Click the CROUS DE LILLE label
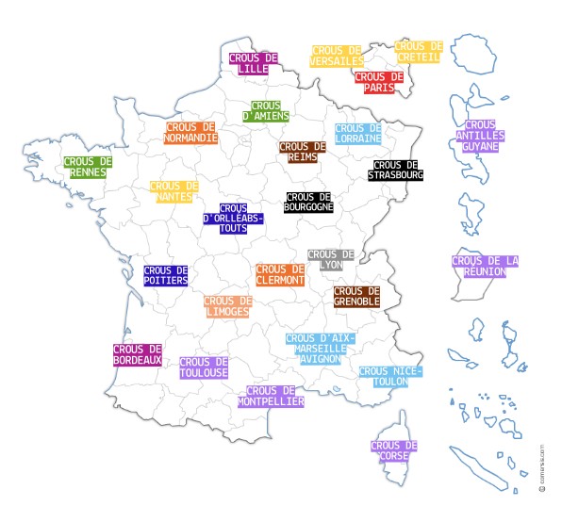pos(254,63)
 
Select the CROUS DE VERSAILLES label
pos(337,56)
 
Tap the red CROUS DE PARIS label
pos(380,82)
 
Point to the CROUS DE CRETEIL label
pos(418,51)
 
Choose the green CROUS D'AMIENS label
pos(266,111)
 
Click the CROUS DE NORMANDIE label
pos(191,132)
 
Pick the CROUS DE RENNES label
pos(88,167)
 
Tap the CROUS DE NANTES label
pos(174,191)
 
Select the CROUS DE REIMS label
pos(303,152)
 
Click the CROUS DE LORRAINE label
pos(358,133)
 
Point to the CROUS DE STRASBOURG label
pos(396,170)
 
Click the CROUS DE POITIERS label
pos(166,274)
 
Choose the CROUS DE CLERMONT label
pos(280,274)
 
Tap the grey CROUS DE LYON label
pos(331,259)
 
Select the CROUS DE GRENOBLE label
pos(357,296)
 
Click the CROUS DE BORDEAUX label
pos(138,354)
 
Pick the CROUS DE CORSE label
pos(394,451)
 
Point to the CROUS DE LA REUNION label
pos(486,266)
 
